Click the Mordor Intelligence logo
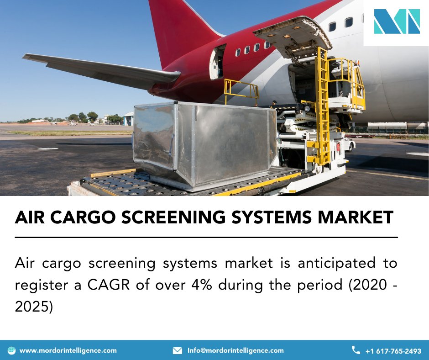pos(397,21)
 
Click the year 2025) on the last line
pos(34,307)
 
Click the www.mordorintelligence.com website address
pos(68,350)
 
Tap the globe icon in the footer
pos(11,350)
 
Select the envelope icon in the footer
pos(178,350)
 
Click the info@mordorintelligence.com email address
pos(235,350)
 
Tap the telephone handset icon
pos(356,350)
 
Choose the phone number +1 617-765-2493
pos(393,351)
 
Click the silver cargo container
pos(203,142)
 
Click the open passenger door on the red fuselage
pos(217,63)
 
